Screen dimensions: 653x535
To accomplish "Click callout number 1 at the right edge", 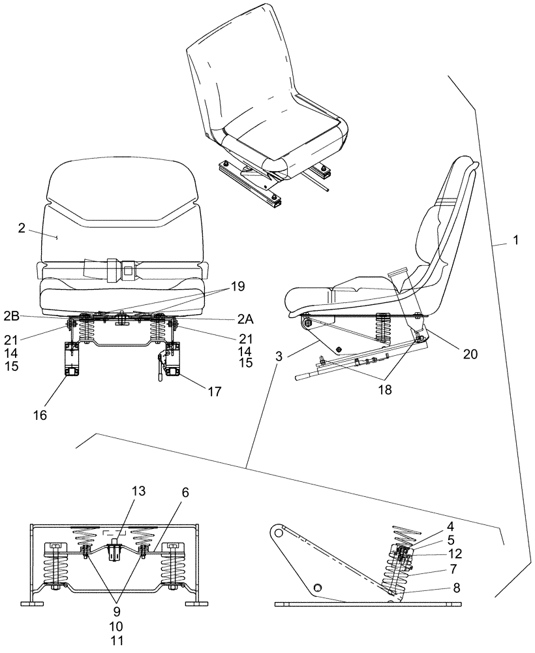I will pyautogui.click(x=515, y=240).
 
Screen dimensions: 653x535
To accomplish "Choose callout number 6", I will pyautogui.click(x=186, y=494).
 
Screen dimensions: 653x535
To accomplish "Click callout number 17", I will pyautogui.click(x=214, y=392).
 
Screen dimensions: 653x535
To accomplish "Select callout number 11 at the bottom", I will pyautogui.click(x=117, y=640).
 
